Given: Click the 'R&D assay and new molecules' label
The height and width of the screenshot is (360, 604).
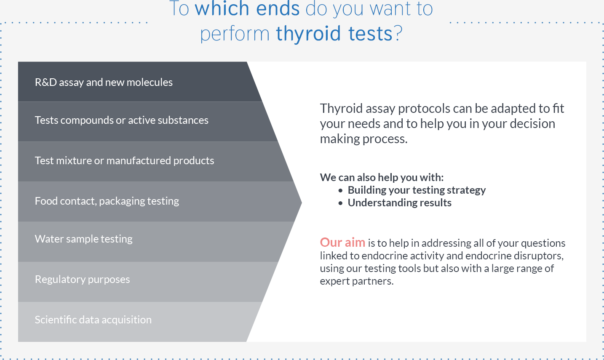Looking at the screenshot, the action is point(104,82).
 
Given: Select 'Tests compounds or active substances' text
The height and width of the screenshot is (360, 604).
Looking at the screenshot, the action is point(122,120).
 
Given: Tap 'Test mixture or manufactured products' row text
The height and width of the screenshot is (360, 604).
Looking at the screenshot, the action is point(125,160).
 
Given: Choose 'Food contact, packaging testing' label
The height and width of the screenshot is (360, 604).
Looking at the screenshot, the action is point(107,201).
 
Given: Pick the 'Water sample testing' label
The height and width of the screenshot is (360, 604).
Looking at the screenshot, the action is point(84,239).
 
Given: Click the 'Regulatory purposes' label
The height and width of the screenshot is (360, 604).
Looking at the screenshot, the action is point(83,280).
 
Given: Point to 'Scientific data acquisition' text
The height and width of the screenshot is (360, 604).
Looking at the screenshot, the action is point(94,320).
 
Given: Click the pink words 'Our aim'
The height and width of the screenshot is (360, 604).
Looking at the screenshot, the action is point(342,242).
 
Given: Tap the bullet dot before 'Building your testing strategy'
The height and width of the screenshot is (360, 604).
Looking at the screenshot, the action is point(340,191).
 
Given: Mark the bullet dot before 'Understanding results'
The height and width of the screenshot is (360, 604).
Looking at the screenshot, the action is point(340,203).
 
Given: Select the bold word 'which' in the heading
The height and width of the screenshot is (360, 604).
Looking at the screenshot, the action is point(222,8).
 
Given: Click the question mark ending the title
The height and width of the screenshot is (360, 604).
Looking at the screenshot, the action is point(398,33).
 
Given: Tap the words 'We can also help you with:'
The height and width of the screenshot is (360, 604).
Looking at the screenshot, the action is point(382,178).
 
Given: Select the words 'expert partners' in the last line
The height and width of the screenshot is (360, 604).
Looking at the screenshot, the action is point(357,281).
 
